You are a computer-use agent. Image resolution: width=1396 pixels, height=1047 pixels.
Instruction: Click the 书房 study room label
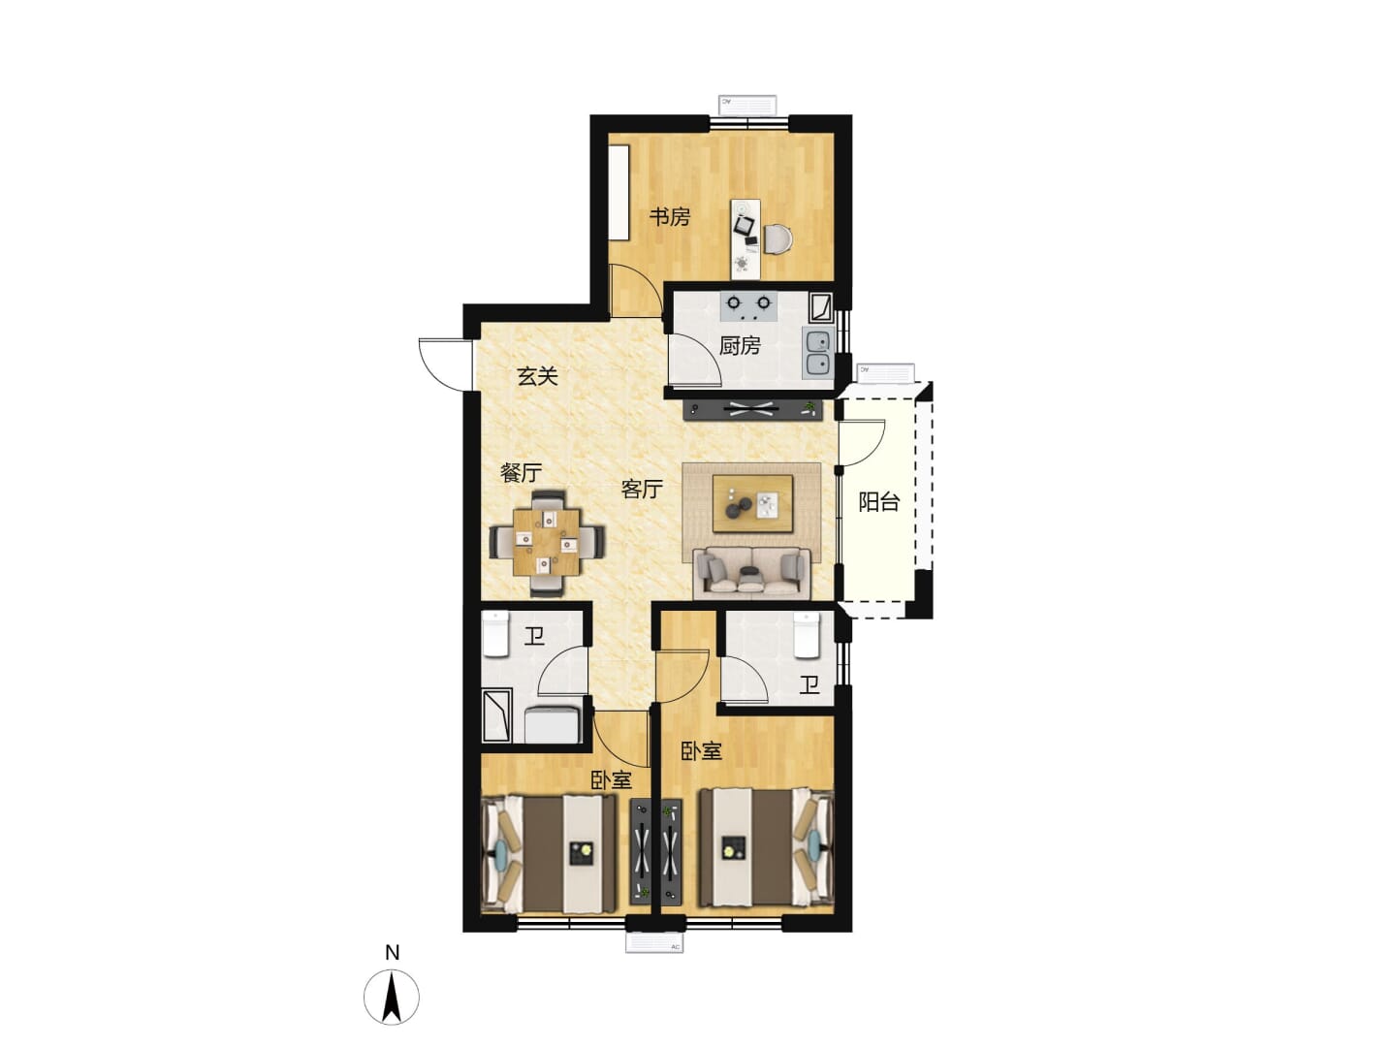click(x=669, y=217)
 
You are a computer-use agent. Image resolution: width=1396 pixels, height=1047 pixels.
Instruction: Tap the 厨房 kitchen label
click(x=740, y=346)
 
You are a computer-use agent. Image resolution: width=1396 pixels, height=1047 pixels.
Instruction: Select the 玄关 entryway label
click(x=537, y=376)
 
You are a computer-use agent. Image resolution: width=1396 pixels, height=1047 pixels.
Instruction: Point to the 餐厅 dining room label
click(x=521, y=473)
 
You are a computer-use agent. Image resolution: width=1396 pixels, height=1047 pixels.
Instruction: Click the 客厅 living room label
click(x=643, y=489)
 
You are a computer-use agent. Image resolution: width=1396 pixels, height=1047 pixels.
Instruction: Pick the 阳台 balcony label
click(x=879, y=502)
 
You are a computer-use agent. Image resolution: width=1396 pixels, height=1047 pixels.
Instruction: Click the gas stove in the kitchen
click(x=749, y=306)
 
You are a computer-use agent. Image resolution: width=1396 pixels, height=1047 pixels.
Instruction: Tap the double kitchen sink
click(x=818, y=354)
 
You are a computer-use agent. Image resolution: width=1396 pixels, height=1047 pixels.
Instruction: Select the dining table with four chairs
click(x=547, y=542)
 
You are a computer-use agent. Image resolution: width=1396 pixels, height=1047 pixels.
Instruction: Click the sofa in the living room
click(x=751, y=573)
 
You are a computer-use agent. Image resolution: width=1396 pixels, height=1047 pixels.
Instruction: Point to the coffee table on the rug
click(x=752, y=503)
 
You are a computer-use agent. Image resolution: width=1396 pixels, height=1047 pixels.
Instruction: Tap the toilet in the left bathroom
click(x=495, y=634)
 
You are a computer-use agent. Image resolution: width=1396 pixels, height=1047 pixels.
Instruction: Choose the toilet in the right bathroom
click(x=807, y=634)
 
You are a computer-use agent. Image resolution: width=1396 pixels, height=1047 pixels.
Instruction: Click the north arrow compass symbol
click(x=392, y=997)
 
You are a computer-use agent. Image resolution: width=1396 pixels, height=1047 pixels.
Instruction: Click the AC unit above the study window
click(x=747, y=105)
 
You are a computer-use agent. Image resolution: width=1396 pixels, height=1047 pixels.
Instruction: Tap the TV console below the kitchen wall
click(x=752, y=409)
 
